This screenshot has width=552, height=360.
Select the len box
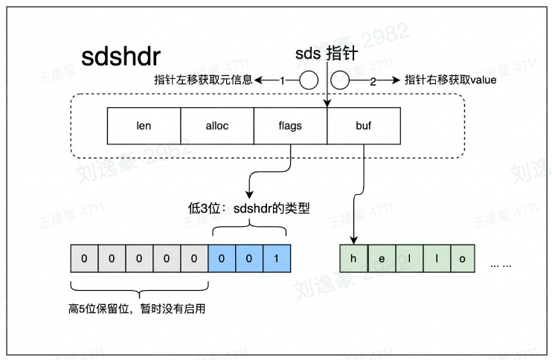(144, 126)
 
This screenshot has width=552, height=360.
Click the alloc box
(217, 126)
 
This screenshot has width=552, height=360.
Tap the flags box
(290, 126)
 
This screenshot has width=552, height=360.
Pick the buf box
(363, 126)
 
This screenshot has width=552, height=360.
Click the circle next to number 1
(308, 80)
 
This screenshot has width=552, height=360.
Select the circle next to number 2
(341, 80)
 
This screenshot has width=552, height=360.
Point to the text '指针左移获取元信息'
(202, 80)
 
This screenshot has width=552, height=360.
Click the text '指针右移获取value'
(450, 80)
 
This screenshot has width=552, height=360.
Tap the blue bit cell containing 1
(277, 258)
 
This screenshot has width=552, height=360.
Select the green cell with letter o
(461, 258)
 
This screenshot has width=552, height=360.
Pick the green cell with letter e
(380, 258)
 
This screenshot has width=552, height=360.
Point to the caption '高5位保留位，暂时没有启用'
(136, 308)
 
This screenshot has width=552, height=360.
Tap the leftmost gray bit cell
(84, 258)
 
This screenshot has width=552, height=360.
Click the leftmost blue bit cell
(222, 258)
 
